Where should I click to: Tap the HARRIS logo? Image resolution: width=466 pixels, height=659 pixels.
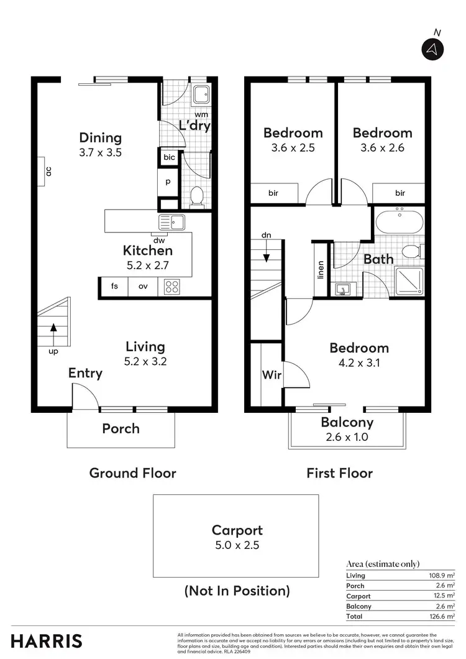[47, 640]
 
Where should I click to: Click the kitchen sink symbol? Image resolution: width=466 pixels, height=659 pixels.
[172, 222]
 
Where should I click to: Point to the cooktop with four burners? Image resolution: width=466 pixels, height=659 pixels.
[172, 287]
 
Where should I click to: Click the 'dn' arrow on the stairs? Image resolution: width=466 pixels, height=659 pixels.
[266, 255]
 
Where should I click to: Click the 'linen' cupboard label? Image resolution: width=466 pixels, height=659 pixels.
[321, 269]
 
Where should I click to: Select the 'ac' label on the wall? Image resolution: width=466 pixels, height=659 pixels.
[48, 170]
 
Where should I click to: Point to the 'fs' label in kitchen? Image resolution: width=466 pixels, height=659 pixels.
[114, 287]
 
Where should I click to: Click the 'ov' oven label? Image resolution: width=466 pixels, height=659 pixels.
[143, 287]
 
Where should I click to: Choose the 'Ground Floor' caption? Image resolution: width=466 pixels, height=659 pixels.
[132, 473]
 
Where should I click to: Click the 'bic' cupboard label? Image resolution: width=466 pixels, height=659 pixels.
[169, 158]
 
